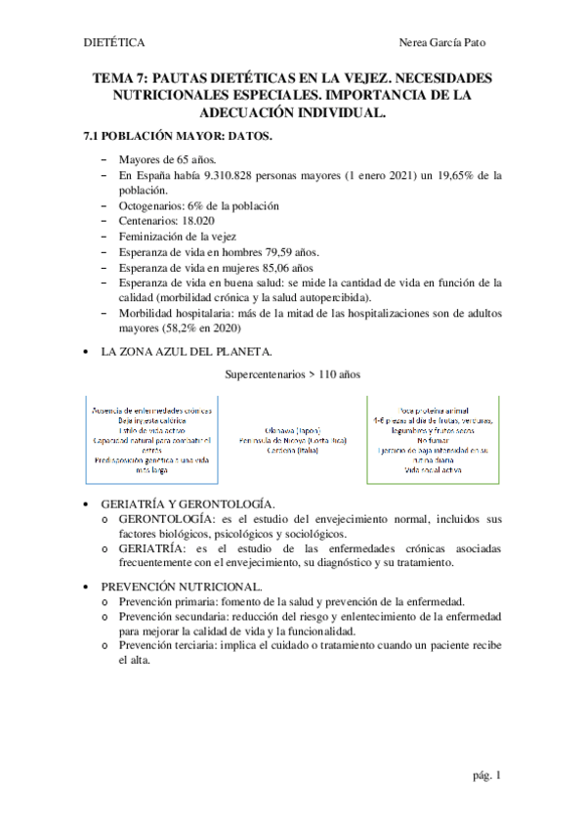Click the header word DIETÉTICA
tap(114, 43)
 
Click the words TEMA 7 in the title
tap(121, 77)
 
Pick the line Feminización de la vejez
tap(177, 238)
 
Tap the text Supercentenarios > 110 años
tap(291, 374)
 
